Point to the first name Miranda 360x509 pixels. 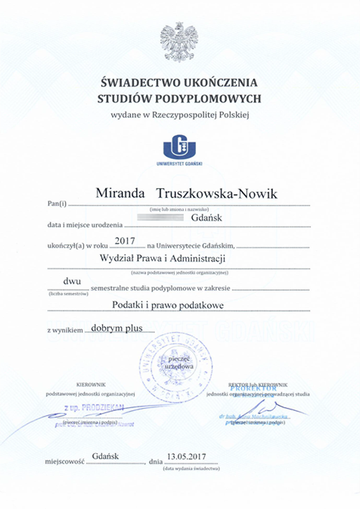[117, 193]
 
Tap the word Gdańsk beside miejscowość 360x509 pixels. [106, 456]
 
